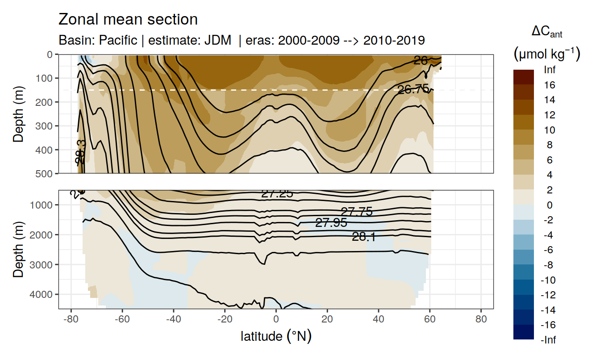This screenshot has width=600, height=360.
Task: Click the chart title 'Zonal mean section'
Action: pyautogui.click(x=128, y=20)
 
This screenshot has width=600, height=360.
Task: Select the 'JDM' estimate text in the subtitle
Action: pyautogui.click(x=218, y=40)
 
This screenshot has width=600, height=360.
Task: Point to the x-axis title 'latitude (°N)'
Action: pyautogui.click(x=276, y=336)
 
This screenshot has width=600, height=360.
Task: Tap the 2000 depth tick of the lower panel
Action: pyautogui.click(x=42, y=234)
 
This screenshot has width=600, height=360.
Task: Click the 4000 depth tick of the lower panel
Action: pyautogui.click(x=42, y=294)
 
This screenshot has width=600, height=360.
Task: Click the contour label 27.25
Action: pyautogui.click(x=277, y=193)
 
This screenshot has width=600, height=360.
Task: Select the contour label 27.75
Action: pyautogui.click(x=357, y=212)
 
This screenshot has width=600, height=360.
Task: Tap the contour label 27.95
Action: pyautogui.click(x=331, y=222)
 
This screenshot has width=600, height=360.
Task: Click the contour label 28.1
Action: pyautogui.click(x=364, y=237)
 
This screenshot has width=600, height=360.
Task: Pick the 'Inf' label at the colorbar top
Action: pyautogui.click(x=550, y=70)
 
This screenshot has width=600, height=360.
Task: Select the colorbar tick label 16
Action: pyautogui.click(x=550, y=85)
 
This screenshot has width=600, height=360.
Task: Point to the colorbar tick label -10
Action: pyautogui.click(x=550, y=280)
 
